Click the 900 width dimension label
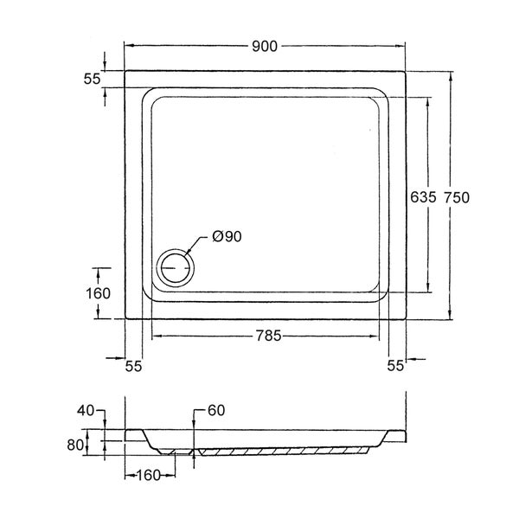click(265, 47)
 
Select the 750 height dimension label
click(457, 197)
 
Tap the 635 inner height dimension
click(423, 197)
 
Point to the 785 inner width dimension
click(268, 336)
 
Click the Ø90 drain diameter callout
click(227, 236)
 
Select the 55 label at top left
click(92, 79)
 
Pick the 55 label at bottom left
click(133, 366)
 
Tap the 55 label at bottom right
click(396, 365)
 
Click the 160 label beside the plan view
click(98, 293)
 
